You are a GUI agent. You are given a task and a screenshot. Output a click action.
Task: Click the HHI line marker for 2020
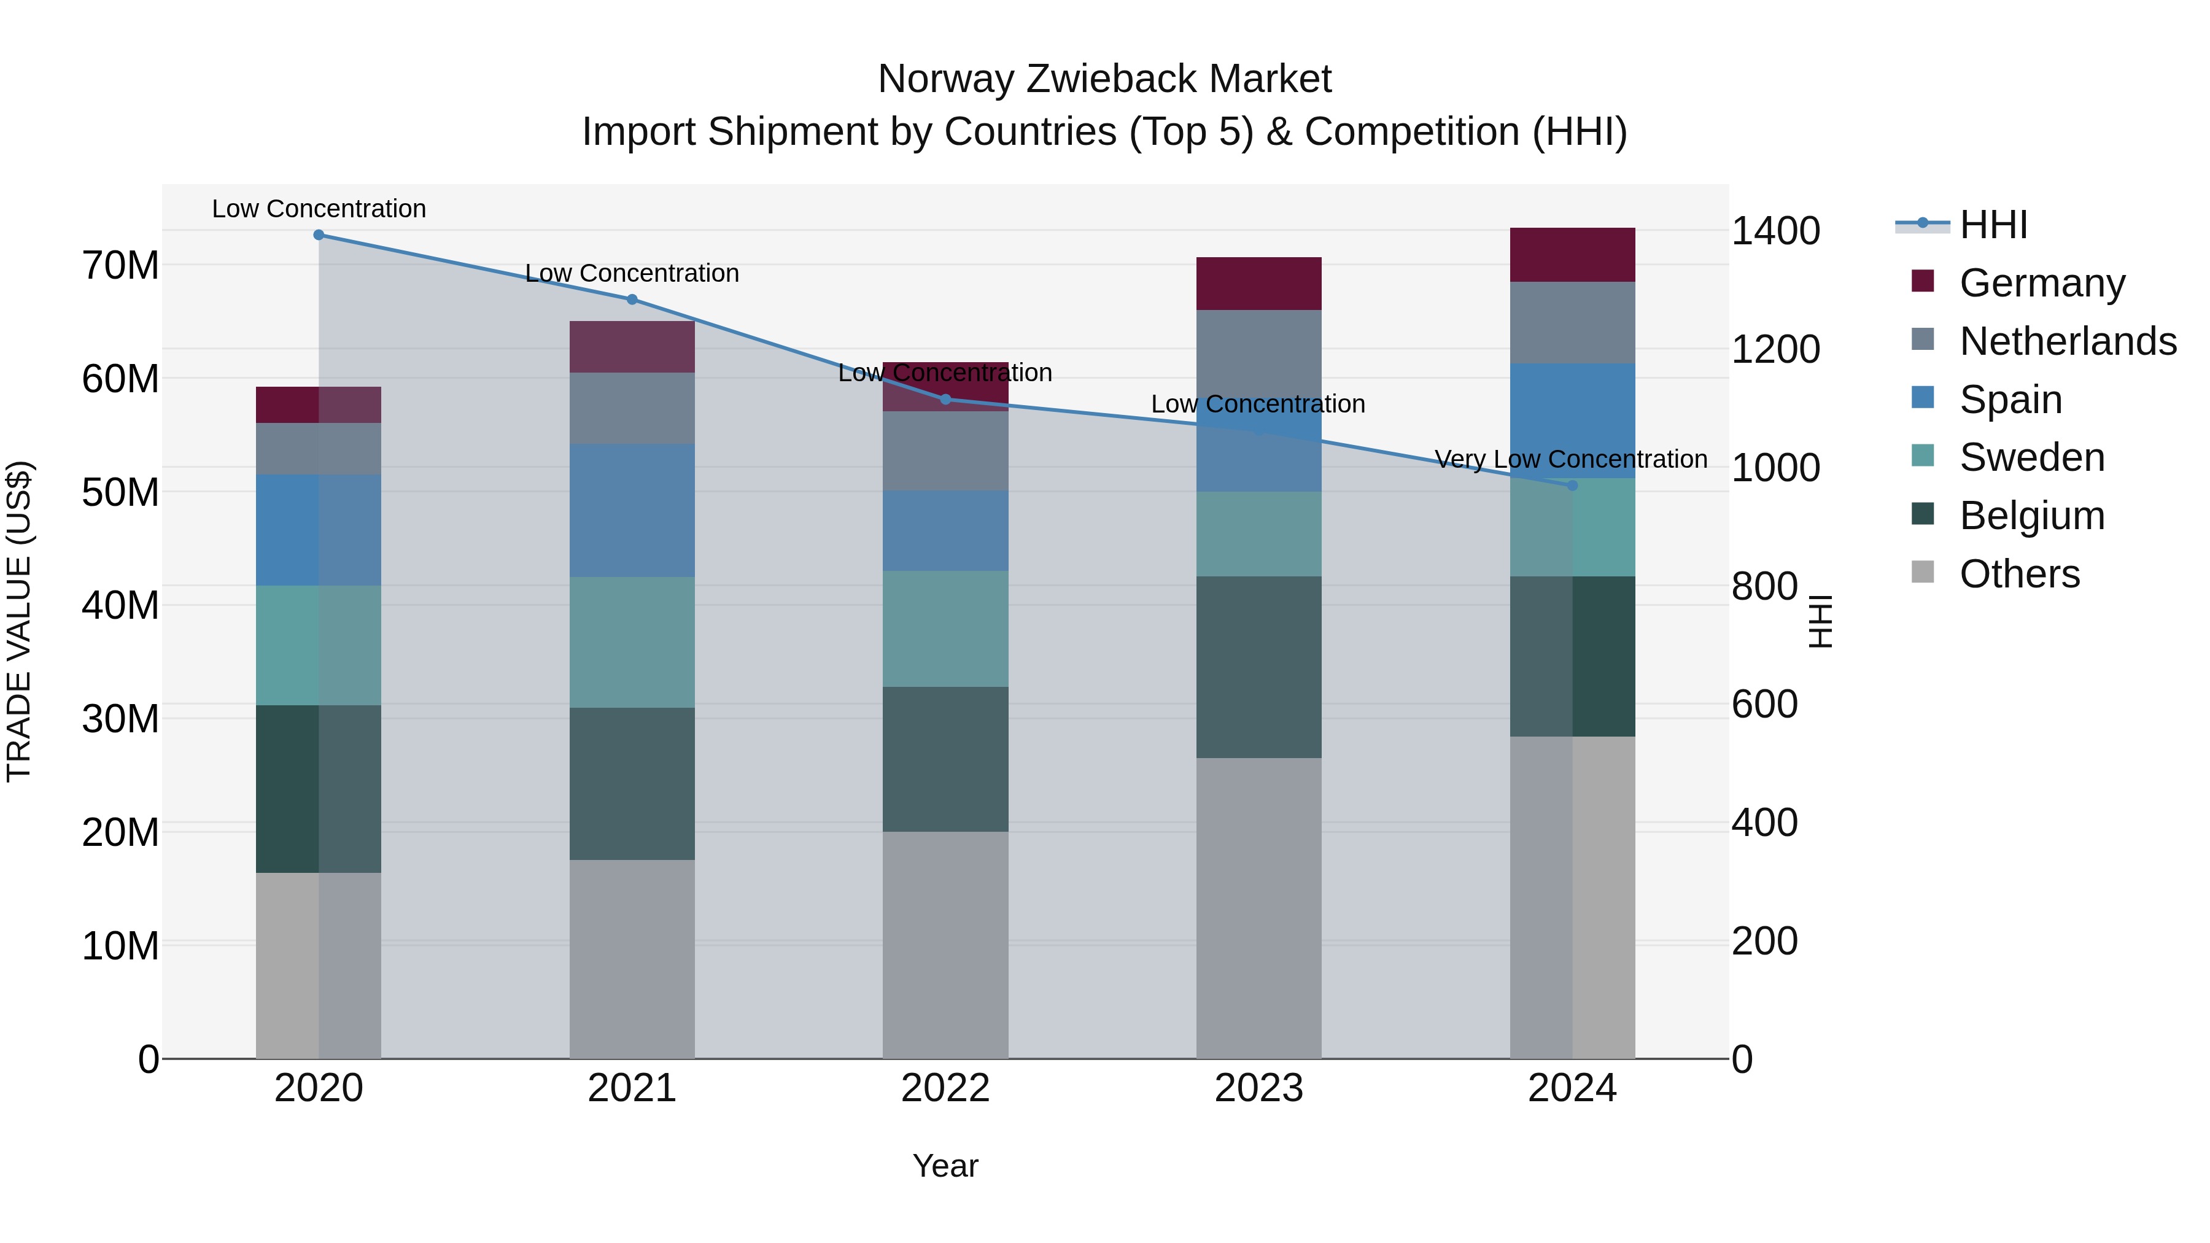[318, 235]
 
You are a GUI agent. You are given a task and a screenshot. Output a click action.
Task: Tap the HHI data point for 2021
[632, 300]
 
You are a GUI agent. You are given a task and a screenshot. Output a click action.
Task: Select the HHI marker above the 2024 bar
[1573, 486]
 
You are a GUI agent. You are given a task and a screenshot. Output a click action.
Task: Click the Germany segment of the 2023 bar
[1258, 283]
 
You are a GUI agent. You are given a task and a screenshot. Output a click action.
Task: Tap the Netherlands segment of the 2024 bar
[1573, 322]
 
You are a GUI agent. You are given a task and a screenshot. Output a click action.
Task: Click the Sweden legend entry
[2031, 457]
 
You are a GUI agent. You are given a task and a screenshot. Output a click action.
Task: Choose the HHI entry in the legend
[1993, 225]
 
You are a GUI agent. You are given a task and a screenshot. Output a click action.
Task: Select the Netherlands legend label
[2068, 341]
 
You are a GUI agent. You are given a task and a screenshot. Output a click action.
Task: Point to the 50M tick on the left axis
[120, 492]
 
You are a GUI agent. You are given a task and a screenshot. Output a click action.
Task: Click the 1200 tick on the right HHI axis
[1775, 349]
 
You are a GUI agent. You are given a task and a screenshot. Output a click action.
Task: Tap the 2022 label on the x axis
[945, 1088]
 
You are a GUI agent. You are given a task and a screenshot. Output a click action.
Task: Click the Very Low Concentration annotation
[1571, 459]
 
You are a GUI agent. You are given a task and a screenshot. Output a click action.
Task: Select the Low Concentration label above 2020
[318, 209]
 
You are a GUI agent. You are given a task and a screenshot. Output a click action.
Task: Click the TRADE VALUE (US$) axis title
[19, 621]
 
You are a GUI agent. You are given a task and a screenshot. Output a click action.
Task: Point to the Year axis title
[945, 1166]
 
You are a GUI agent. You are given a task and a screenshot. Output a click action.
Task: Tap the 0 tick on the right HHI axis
[1742, 1059]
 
